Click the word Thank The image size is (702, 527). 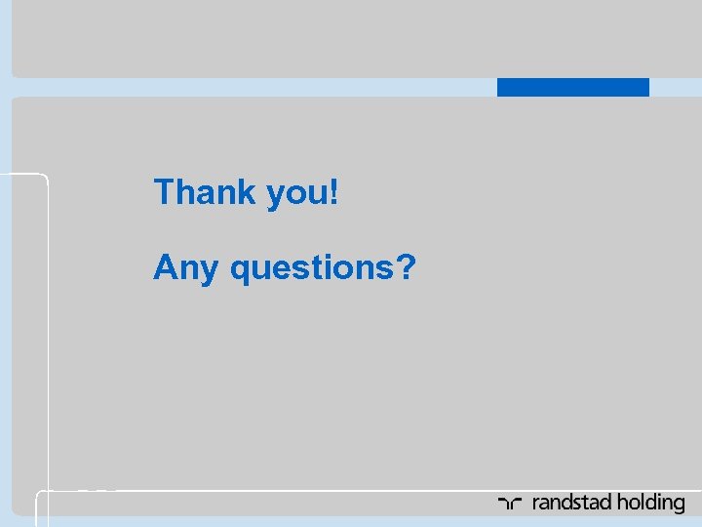click(203, 191)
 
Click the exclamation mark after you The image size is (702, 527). click(334, 191)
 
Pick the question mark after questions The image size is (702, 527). click(408, 265)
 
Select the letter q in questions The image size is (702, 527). click(240, 269)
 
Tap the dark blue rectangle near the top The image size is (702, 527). click(572, 87)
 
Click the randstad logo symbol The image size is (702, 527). click(511, 504)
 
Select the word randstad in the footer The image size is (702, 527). click(574, 503)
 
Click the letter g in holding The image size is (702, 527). click(679, 506)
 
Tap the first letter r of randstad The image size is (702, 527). click(537, 505)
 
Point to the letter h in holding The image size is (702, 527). click(625, 503)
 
